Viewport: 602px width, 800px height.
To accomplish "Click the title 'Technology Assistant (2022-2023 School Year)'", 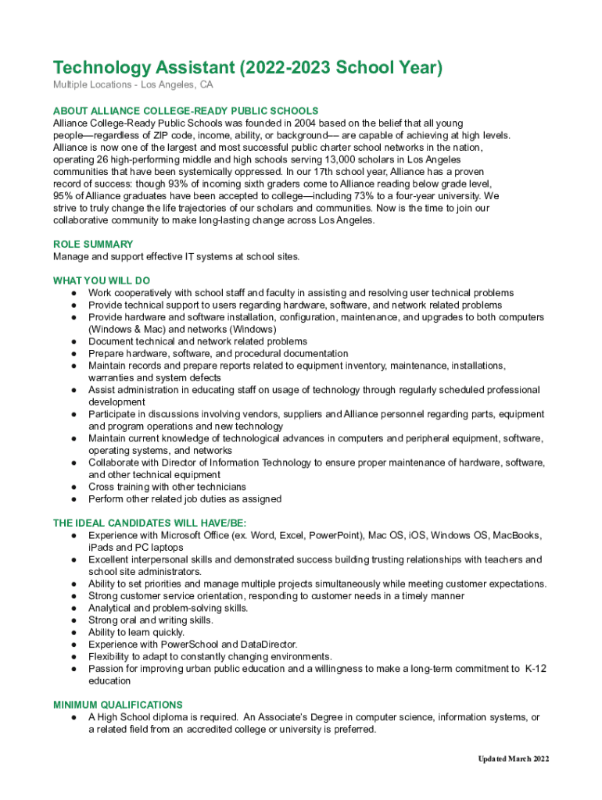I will point(247,68).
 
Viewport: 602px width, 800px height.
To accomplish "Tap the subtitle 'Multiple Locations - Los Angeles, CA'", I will point(133,84).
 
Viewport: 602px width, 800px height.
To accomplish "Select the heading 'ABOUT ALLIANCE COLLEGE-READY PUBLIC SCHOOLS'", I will point(185,111).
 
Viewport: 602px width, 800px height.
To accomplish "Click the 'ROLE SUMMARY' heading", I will point(93,245).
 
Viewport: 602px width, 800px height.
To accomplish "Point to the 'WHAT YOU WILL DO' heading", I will point(102,280).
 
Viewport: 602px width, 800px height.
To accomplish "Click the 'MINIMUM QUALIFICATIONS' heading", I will point(118,705).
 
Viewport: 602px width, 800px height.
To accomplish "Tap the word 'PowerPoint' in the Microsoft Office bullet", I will point(335,535).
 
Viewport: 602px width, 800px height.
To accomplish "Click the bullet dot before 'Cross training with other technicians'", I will point(73,487).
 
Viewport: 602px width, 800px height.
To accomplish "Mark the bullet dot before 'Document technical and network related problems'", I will point(73,341).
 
